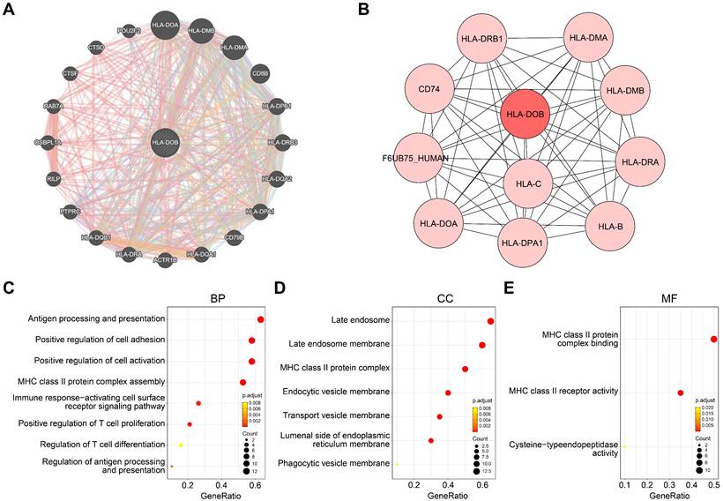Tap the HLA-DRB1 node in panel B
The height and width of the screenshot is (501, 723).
pos(487,41)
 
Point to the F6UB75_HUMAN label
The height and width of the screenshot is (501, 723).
pos(411,158)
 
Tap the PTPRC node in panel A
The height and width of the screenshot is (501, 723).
pos(71,212)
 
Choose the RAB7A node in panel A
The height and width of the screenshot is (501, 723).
pos(52,107)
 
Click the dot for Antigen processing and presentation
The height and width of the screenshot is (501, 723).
pos(261,319)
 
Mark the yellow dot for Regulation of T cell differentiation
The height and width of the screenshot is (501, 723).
pos(181,445)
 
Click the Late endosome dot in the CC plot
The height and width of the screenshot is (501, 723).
pos(490,322)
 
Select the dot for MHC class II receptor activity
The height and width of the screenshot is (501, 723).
pos(680,393)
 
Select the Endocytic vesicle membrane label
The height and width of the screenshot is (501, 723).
pos(332,392)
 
